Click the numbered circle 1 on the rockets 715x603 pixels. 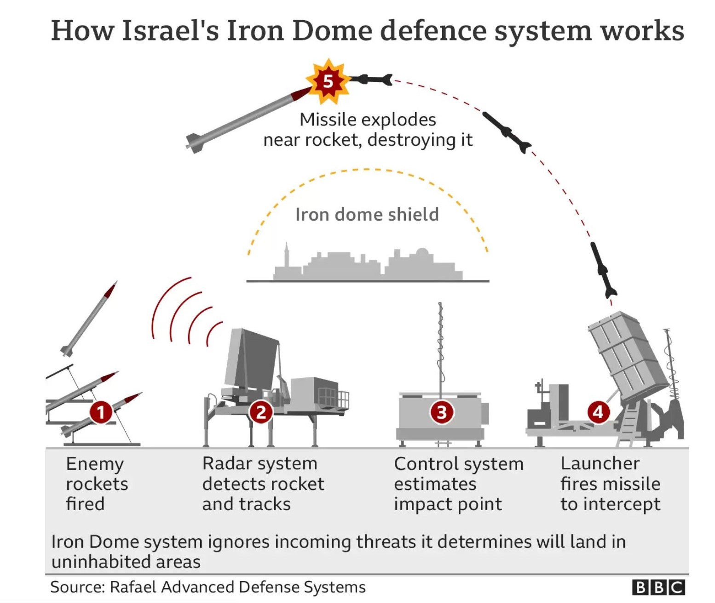click(101, 412)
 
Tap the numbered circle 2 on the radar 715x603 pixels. click(261, 412)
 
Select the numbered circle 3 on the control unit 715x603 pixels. click(442, 412)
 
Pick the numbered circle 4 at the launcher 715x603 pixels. click(598, 411)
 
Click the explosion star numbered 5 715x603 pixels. click(328, 81)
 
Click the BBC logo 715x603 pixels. click(658, 587)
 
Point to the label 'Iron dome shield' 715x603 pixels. click(367, 215)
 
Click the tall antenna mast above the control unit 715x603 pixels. click(440, 345)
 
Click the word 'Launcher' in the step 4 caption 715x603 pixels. click(600, 463)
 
